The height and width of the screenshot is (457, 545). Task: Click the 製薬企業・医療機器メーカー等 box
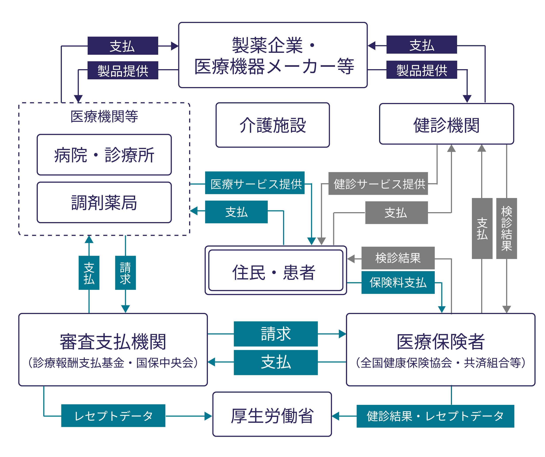click(x=273, y=55)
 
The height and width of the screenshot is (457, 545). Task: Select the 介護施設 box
click(x=273, y=125)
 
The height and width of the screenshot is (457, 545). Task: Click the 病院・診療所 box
click(x=104, y=155)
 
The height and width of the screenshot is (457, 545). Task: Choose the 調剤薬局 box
click(x=104, y=202)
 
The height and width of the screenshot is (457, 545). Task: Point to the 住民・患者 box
click(x=276, y=270)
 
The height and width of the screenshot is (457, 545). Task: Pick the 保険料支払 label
click(x=398, y=282)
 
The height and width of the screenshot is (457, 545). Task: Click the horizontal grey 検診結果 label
click(x=398, y=258)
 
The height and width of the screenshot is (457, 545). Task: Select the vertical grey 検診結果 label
click(x=506, y=228)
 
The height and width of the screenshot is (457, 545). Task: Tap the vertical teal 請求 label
click(x=125, y=273)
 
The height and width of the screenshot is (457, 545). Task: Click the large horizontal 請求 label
click(x=276, y=334)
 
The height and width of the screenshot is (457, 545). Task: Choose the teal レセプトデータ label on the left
click(x=113, y=416)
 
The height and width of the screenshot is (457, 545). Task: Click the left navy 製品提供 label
click(x=123, y=70)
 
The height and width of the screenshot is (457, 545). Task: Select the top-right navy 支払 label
click(x=422, y=45)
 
